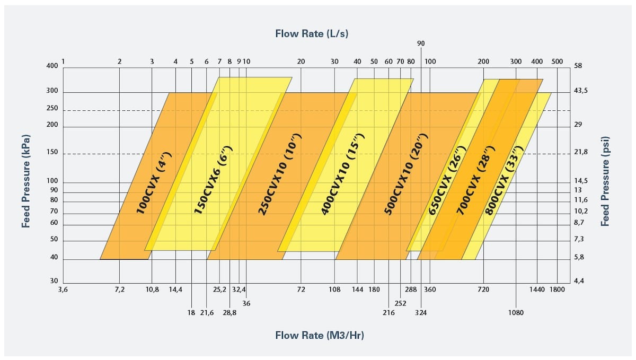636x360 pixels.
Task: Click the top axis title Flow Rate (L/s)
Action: (x=312, y=34)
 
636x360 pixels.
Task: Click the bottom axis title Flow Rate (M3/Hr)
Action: (x=319, y=335)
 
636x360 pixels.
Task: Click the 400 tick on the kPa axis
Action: (x=51, y=66)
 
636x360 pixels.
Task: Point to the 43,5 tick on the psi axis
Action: (x=581, y=91)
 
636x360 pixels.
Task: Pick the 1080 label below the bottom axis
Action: (x=516, y=313)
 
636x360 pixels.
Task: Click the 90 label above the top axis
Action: (x=421, y=43)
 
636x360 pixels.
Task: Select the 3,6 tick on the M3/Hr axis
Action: (x=63, y=289)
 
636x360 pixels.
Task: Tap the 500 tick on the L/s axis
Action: (x=556, y=62)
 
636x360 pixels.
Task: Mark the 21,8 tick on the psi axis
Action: (x=581, y=152)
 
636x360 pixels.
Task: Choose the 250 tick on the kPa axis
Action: (x=51, y=108)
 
